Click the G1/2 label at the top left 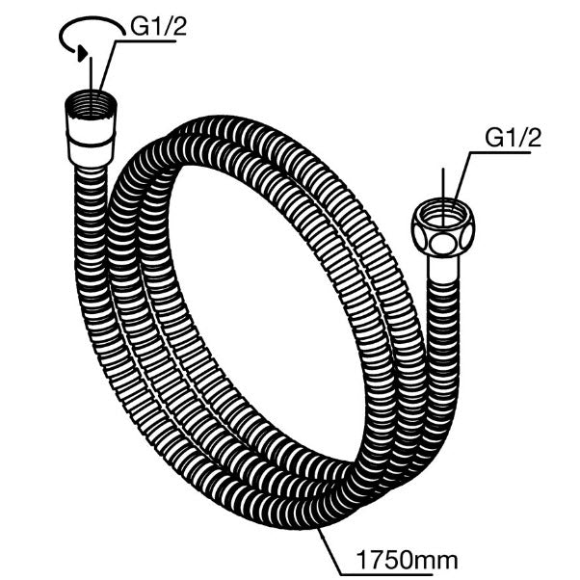point(158,27)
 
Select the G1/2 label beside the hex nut point(514,138)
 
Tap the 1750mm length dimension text point(407,561)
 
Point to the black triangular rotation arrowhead point(82,54)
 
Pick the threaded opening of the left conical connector point(91,104)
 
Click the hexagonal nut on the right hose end point(442,227)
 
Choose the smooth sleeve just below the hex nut point(443,268)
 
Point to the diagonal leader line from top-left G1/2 point(108,66)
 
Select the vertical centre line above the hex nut point(443,197)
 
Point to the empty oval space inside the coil point(266,314)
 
